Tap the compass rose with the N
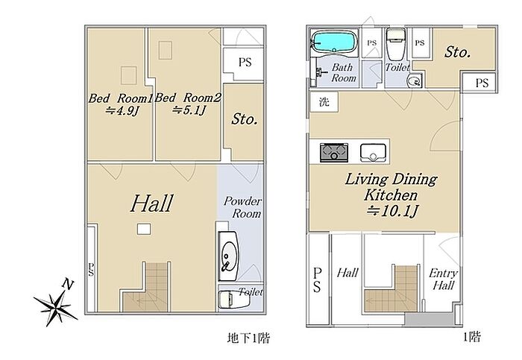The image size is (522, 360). (x=55, y=303)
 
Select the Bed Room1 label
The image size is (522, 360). (x=120, y=98)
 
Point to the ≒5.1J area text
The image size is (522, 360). (x=189, y=110)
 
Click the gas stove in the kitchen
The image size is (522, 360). (x=334, y=153)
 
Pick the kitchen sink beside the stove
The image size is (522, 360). (x=373, y=153)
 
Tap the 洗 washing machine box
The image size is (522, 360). (x=324, y=102)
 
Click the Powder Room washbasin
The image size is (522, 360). (x=228, y=256)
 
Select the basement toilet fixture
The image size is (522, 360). (x=233, y=299)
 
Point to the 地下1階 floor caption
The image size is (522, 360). (x=248, y=338)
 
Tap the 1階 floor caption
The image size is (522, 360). (x=472, y=338)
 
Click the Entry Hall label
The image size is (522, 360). (x=443, y=280)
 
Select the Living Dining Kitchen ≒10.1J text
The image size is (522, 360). (x=391, y=195)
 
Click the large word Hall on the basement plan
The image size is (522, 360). (x=152, y=203)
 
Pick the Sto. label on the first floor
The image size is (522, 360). (x=458, y=52)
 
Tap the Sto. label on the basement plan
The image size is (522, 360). (x=245, y=119)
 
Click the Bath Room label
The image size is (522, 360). (x=343, y=72)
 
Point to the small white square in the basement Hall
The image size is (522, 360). (x=143, y=229)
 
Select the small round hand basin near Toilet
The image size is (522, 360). (x=415, y=80)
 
